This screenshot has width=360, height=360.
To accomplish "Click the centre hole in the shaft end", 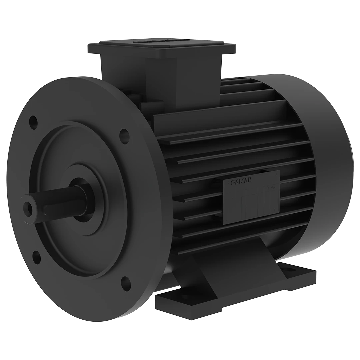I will click(x=29, y=209).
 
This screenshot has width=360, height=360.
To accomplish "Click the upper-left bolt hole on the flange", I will click(x=33, y=120).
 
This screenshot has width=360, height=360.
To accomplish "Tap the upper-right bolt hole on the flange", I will click(x=124, y=136).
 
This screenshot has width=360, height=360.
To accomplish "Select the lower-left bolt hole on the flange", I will click(x=37, y=257).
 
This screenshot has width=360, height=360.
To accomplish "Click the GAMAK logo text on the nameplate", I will click(x=241, y=181).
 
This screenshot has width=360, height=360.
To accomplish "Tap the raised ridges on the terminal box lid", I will click(x=160, y=41).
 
